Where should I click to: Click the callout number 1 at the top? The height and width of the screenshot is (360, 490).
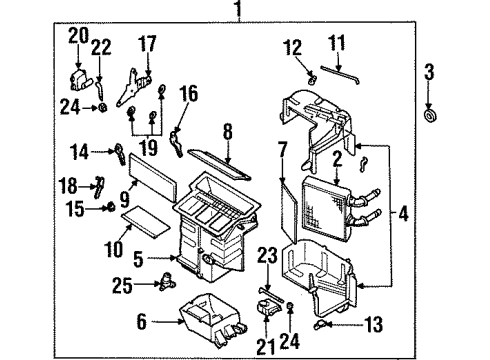coord(237,11)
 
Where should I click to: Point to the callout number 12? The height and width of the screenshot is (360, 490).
coord(291,47)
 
